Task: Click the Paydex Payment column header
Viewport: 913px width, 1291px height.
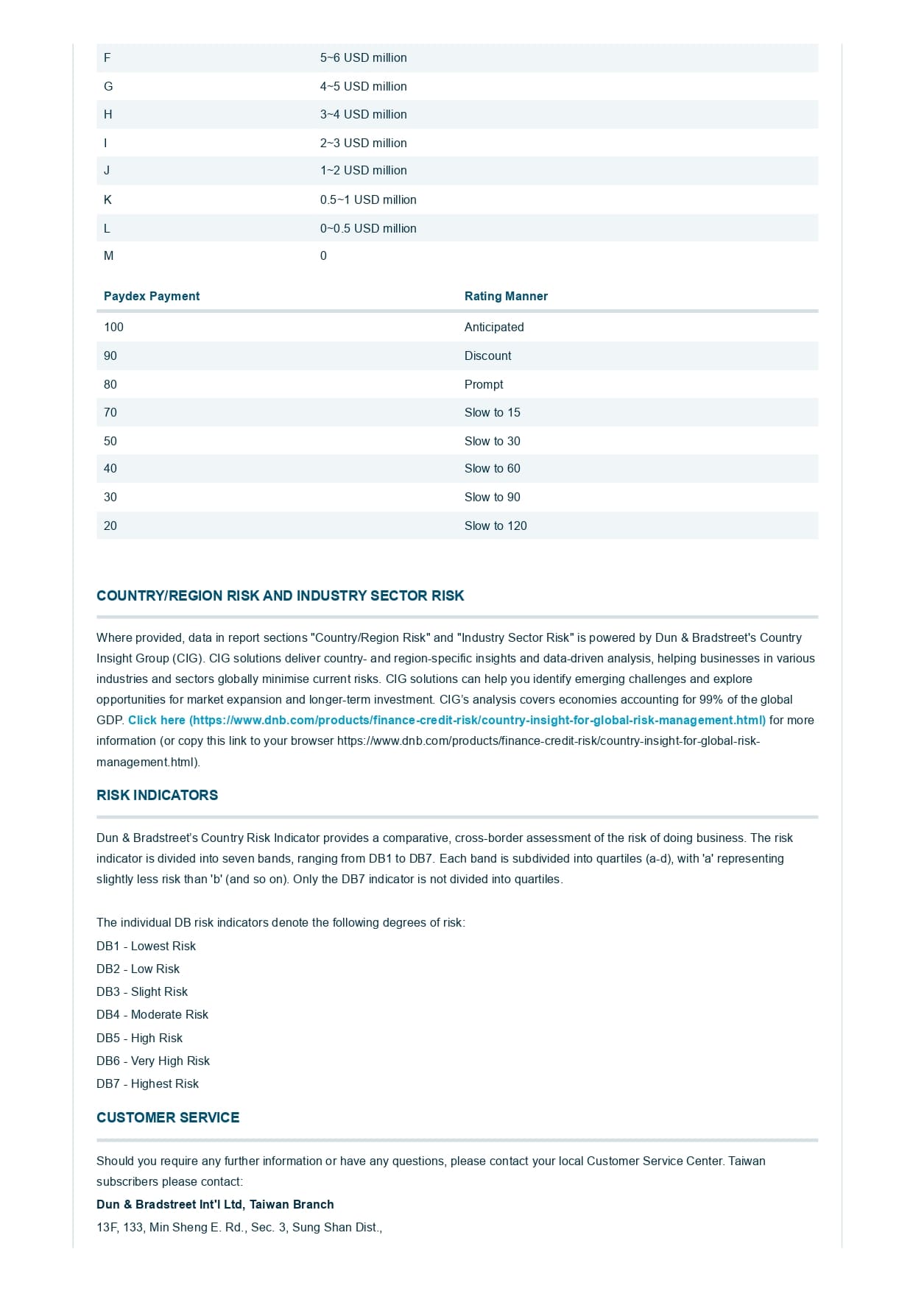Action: tap(152, 296)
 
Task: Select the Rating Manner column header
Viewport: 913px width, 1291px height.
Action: tap(506, 296)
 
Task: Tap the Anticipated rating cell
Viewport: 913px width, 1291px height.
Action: tap(494, 327)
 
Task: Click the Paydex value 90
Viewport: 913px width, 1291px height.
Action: tap(110, 356)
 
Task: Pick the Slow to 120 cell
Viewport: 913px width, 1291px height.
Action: tap(496, 526)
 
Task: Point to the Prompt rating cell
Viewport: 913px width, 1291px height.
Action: tap(484, 384)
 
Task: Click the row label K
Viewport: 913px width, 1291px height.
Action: tap(107, 199)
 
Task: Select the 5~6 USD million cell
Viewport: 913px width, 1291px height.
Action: tap(363, 57)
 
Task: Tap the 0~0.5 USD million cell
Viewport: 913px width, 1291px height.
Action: tap(368, 228)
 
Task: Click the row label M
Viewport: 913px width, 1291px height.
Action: tap(109, 255)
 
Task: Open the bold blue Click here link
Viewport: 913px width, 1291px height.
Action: tap(446, 720)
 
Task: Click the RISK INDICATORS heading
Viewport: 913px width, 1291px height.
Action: tap(157, 795)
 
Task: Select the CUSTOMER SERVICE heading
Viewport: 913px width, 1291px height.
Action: tap(168, 1117)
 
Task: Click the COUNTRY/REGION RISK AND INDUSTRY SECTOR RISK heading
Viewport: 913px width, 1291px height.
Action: tap(280, 595)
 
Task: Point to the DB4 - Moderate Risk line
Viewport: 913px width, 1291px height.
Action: tap(152, 1014)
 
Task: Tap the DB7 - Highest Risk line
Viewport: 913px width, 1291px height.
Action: tap(147, 1083)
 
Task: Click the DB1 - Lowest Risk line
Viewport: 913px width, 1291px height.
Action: tap(146, 946)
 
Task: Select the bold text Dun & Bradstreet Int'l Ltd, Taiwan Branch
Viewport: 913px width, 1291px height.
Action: tap(215, 1204)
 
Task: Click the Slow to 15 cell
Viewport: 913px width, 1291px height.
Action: tap(492, 412)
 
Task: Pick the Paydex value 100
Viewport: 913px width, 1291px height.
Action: tap(113, 327)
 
